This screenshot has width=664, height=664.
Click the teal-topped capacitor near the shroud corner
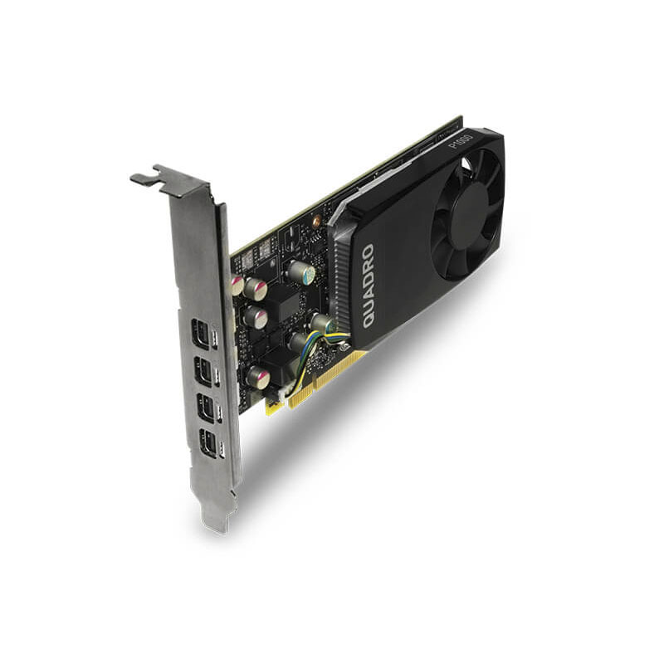coord(300,271)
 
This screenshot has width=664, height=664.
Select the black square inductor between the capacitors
coord(287,304)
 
